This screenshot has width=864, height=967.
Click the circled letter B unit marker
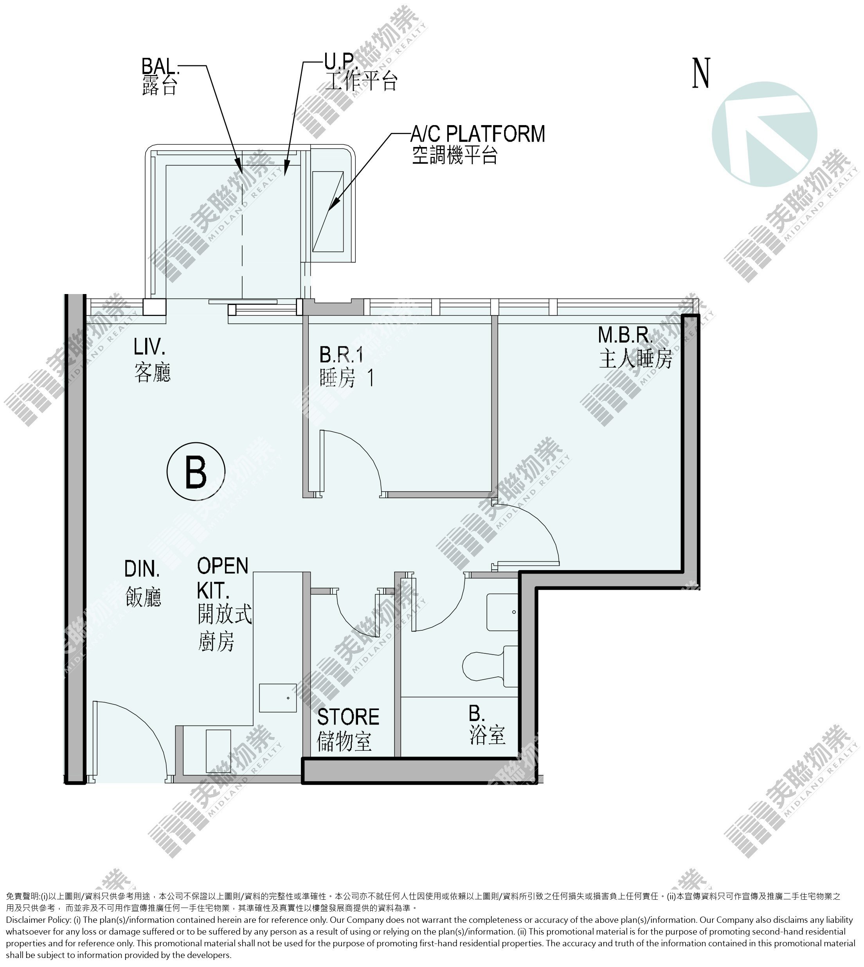(x=196, y=471)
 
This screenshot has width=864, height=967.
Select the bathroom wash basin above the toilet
(x=503, y=612)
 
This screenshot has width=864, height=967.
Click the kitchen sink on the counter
(x=278, y=698)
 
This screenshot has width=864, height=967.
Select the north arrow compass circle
(x=764, y=134)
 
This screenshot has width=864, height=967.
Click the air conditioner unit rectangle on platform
(x=328, y=211)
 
